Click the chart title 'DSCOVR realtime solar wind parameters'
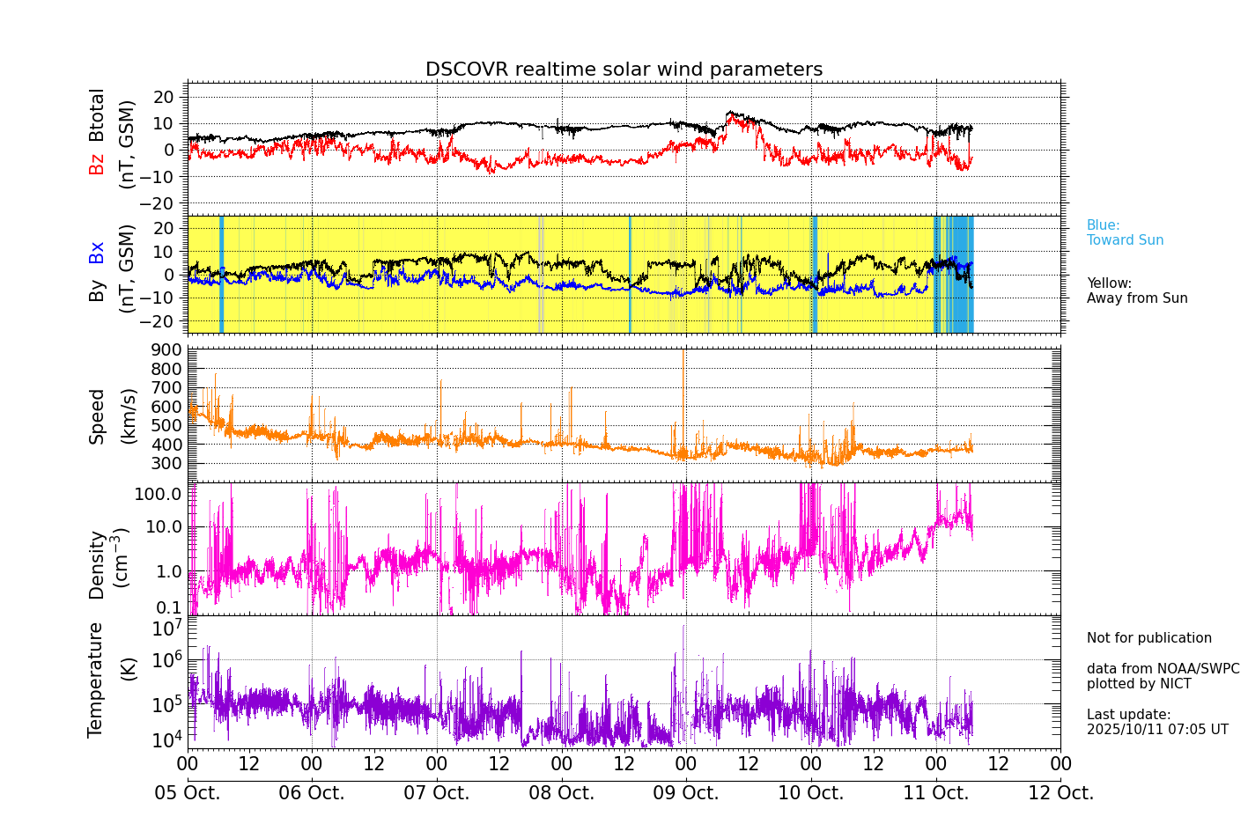point(624,70)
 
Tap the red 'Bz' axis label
point(96,164)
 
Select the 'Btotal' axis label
point(96,114)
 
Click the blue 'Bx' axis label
point(96,252)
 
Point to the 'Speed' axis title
point(97,416)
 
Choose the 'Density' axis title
point(97,564)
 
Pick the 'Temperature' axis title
point(95,680)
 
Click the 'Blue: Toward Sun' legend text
point(1125,233)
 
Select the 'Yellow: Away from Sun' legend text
point(1136,290)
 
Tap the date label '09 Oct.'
point(685,793)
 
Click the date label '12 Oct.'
point(1060,793)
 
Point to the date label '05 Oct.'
point(188,793)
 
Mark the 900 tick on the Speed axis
point(169,350)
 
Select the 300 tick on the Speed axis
point(169,464)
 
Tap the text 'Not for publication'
point(1148,638)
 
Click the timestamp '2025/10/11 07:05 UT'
point(1156,730)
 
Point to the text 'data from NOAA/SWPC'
point(1163,669)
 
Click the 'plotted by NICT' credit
point(1138,684)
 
